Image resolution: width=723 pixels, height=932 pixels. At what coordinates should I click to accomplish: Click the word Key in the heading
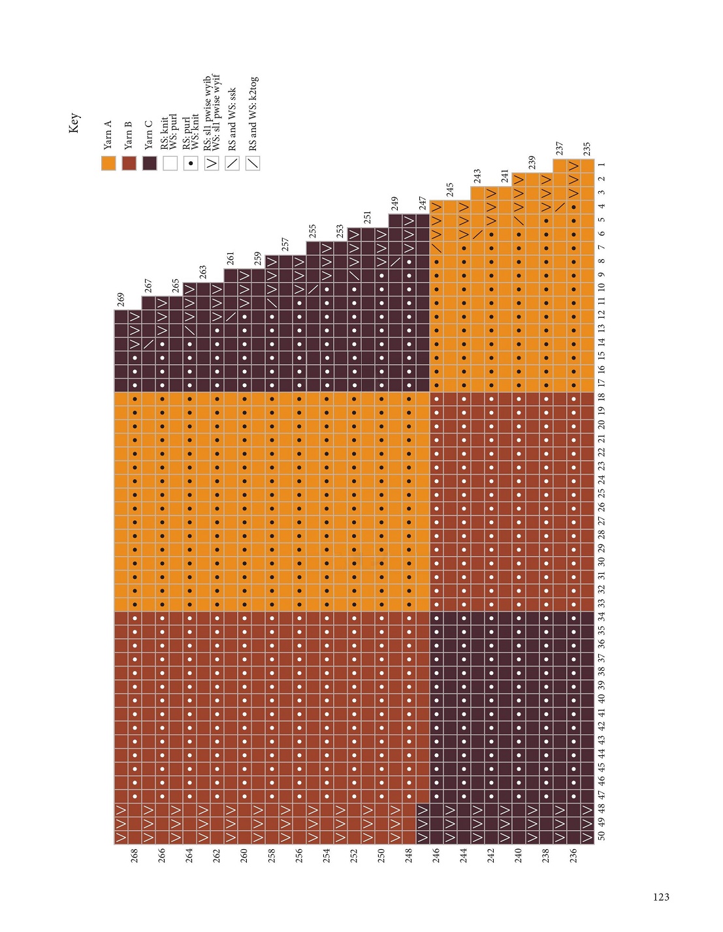pyautogui.click(x=74, y=123)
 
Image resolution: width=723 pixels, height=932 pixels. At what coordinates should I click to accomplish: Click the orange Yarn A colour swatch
pyautogui.click(x=108, y=163)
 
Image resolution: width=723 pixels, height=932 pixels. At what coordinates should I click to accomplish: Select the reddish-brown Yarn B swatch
pyautogui.click(x=129, y=163)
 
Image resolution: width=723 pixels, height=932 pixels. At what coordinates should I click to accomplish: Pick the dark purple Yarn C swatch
pyautogui.click(x=150, y=163)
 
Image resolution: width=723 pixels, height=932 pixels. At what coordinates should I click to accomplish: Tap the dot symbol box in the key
pyautogui.click(x=191, y=163)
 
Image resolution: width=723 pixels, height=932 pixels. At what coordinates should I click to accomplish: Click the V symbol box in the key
pyautogui.click(x=212, y=163)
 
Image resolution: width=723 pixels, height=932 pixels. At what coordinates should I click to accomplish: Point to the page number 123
pyautogui.click(x=661, y=897)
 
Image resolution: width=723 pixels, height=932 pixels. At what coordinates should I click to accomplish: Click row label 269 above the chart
pyautogui.click(x=121, y=300)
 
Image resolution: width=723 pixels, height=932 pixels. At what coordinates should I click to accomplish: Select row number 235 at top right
pyautogui.click(x=587, y=149)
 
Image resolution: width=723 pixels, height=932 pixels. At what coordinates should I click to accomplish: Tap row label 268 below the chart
pyautogui.click(x=135, y=855)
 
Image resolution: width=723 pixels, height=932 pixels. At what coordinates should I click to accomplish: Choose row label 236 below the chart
pyautogui.click(x=573, y=855)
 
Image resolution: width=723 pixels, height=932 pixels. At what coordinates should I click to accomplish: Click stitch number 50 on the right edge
pyautogui.click(x=602, y=836)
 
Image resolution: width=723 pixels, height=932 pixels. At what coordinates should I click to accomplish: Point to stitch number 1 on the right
pyautogui.click(x=602, y=165)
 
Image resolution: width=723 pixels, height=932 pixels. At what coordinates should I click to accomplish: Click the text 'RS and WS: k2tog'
pyautogui.click(x=253, y=114)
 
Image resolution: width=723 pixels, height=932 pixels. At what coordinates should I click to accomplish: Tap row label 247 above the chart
pyautogui.click(x=423, y=204)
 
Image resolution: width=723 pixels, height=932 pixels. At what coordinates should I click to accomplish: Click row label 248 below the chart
pyautogui.click(x=409, y=855)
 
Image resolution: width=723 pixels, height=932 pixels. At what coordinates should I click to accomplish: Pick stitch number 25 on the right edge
pyautogui.click(x=602, y=493)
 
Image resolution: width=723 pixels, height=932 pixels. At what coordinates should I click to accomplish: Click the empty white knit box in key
pyautogui.click(x=170, y=163)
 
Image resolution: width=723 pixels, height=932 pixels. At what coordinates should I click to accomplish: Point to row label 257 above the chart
pyautogui.click(x=285, y=245)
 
